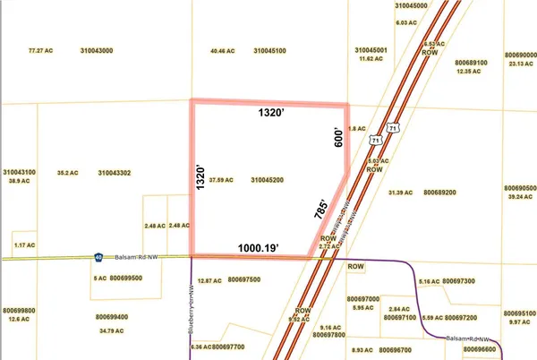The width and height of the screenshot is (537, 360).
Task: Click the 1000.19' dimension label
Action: click(x=260, y=247)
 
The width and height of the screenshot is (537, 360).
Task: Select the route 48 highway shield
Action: click(x=98, y=257)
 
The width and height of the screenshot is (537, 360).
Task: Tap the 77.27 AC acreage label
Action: click(x=42, y=51)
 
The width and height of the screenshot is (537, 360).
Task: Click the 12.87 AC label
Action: click(x=209, y=280)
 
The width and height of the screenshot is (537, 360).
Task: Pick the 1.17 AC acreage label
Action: click(x=24, y=244)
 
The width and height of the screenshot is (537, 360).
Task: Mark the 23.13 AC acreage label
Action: click(x=518, y=64)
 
